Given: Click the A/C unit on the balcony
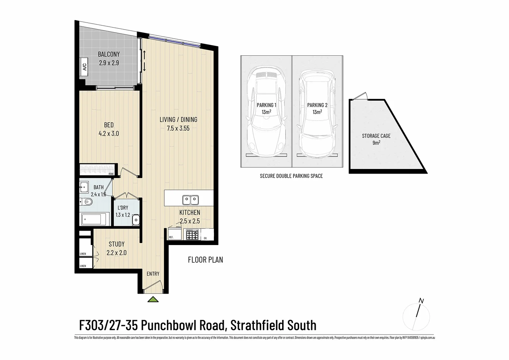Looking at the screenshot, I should (84, 67).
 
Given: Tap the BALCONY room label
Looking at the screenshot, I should (109, 54).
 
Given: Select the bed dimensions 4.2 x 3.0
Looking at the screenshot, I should (109, 134).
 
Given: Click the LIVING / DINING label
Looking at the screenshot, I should (178, 119).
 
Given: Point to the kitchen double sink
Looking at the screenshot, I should (191, 200).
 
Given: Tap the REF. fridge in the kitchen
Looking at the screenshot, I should (175, 234).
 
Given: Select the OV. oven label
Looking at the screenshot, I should (206, 238).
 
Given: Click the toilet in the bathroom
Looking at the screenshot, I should (88, 202).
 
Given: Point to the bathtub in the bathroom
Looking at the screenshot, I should (95, 219).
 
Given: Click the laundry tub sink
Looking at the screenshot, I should (136, 220).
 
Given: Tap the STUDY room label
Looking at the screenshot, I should (117, 244).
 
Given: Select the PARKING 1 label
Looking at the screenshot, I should (266, 105).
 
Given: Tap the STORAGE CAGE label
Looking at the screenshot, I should (376, 136).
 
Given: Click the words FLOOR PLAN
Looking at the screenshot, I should (205, 260).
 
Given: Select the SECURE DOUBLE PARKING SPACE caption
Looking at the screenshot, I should (291, 176).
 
